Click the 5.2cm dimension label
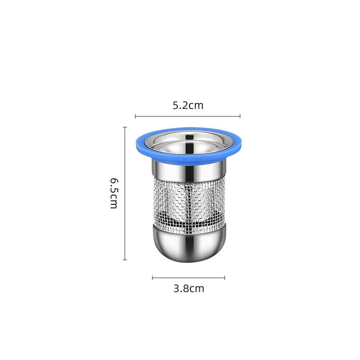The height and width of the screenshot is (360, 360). point(188,105)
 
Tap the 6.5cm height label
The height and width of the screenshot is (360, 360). point(114,193)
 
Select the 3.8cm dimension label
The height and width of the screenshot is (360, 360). point(189,288)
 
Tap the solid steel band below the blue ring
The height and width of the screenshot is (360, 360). point(189,170)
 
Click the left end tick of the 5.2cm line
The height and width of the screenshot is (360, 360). point(135,116)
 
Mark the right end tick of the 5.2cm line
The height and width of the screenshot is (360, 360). point(240,116)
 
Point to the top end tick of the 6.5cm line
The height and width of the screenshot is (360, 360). point(125,127)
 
